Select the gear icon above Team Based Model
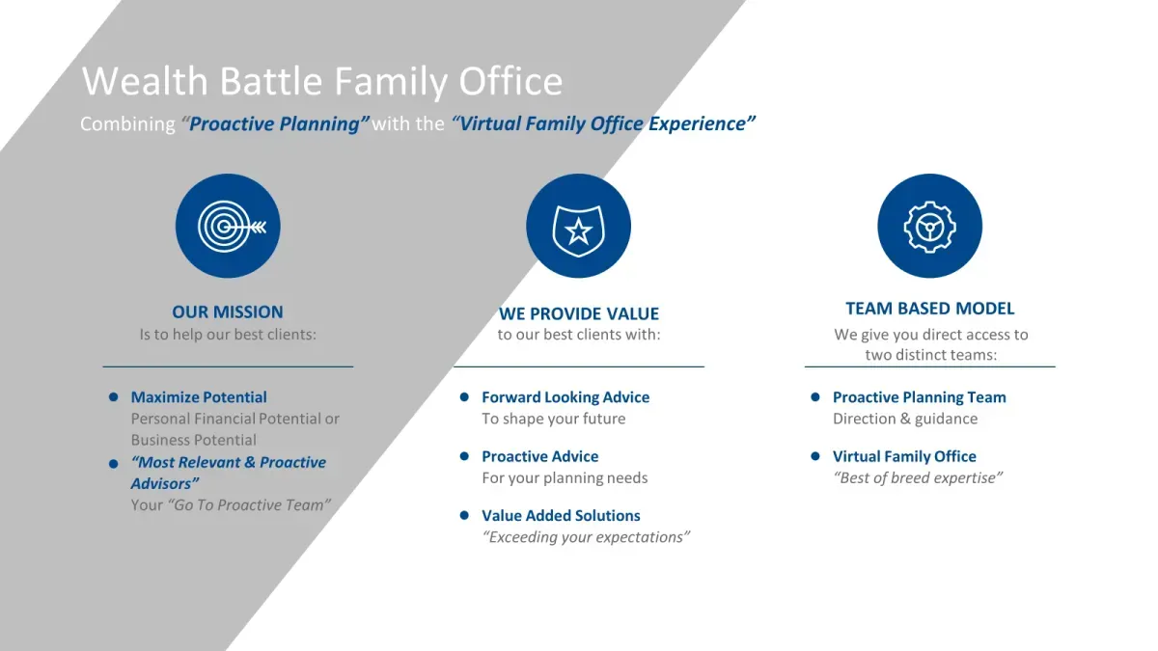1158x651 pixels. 929,226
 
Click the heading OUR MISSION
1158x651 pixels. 228,312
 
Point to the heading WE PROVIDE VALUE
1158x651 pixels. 578,313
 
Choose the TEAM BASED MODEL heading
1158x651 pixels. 929,309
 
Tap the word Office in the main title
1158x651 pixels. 510,81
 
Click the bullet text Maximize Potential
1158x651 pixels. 199,397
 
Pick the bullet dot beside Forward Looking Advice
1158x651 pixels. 464,396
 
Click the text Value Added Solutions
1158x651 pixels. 561,516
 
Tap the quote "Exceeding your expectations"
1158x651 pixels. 586,537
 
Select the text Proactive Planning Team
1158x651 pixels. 919,397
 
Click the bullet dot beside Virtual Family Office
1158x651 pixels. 815,456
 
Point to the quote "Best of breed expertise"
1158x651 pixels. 918,478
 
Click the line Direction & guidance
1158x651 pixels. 905,419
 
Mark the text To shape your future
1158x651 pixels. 554,419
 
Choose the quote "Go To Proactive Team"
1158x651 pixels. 249,504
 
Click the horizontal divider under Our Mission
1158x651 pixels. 228,366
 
